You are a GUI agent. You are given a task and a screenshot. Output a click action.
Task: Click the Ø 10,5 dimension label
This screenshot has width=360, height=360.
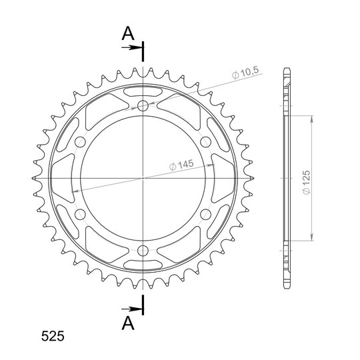point(245,72)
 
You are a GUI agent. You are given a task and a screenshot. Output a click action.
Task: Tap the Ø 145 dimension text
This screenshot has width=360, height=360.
point(181,165)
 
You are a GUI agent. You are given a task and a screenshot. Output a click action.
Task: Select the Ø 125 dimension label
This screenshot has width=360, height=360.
point(306,182)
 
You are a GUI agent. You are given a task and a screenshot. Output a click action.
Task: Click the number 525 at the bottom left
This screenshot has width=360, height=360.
point(53,337)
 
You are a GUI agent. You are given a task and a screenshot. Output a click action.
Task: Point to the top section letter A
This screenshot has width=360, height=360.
point(128,33)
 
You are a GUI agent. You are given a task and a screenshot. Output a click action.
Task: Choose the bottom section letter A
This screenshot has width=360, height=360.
point(128,323)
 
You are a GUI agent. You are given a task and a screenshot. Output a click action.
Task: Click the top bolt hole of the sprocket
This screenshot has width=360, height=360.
point(143,105)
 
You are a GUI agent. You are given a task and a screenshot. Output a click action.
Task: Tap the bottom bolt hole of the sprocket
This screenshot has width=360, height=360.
point(143,251)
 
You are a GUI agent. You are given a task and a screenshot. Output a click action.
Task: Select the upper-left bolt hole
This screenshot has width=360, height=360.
point(80,142)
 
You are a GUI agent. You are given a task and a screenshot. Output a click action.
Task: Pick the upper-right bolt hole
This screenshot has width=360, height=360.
point(205,142)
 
